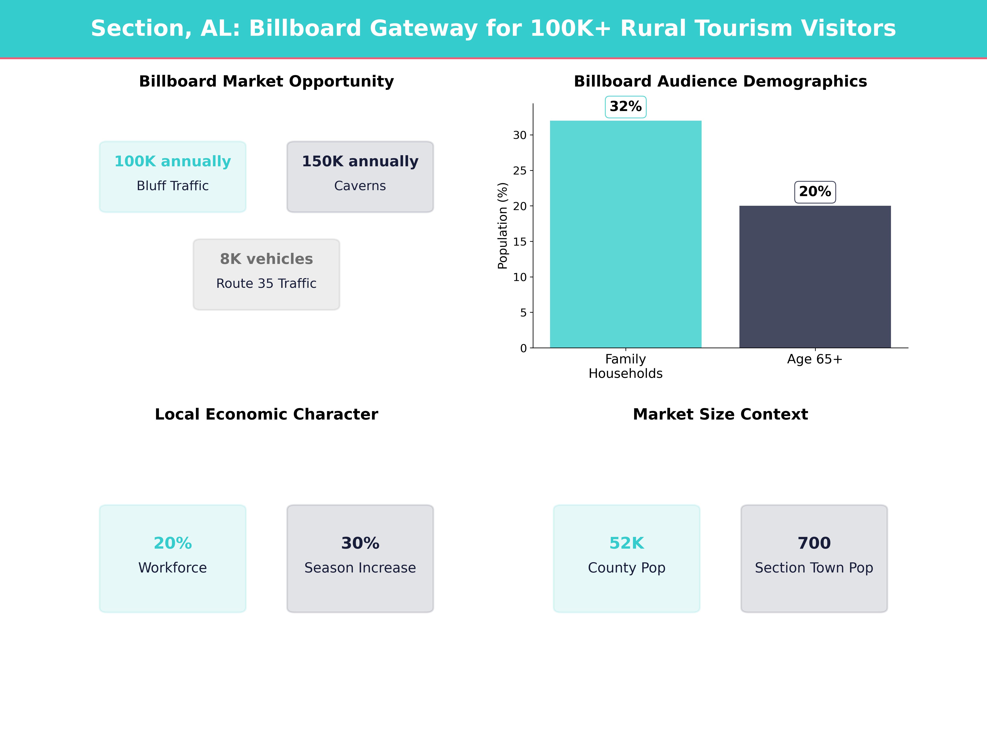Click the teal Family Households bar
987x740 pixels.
(x=626, y=234)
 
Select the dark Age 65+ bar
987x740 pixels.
(x=815, y=276)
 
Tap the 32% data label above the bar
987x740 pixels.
(x=626, y=107)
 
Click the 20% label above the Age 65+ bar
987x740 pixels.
(x=815, y=192)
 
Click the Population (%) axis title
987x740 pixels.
(x=503, y=226)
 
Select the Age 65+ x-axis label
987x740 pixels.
(x=815, y=359)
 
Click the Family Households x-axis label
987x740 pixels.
(x=626, y=366)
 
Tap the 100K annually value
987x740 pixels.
(x=173, y=161)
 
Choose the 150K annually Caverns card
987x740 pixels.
(x=360, y=177)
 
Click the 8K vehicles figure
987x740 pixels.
(x=266, y=259)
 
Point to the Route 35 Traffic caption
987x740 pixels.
(x=266, y=283)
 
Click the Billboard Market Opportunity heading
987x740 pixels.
(x=266, y=81)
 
